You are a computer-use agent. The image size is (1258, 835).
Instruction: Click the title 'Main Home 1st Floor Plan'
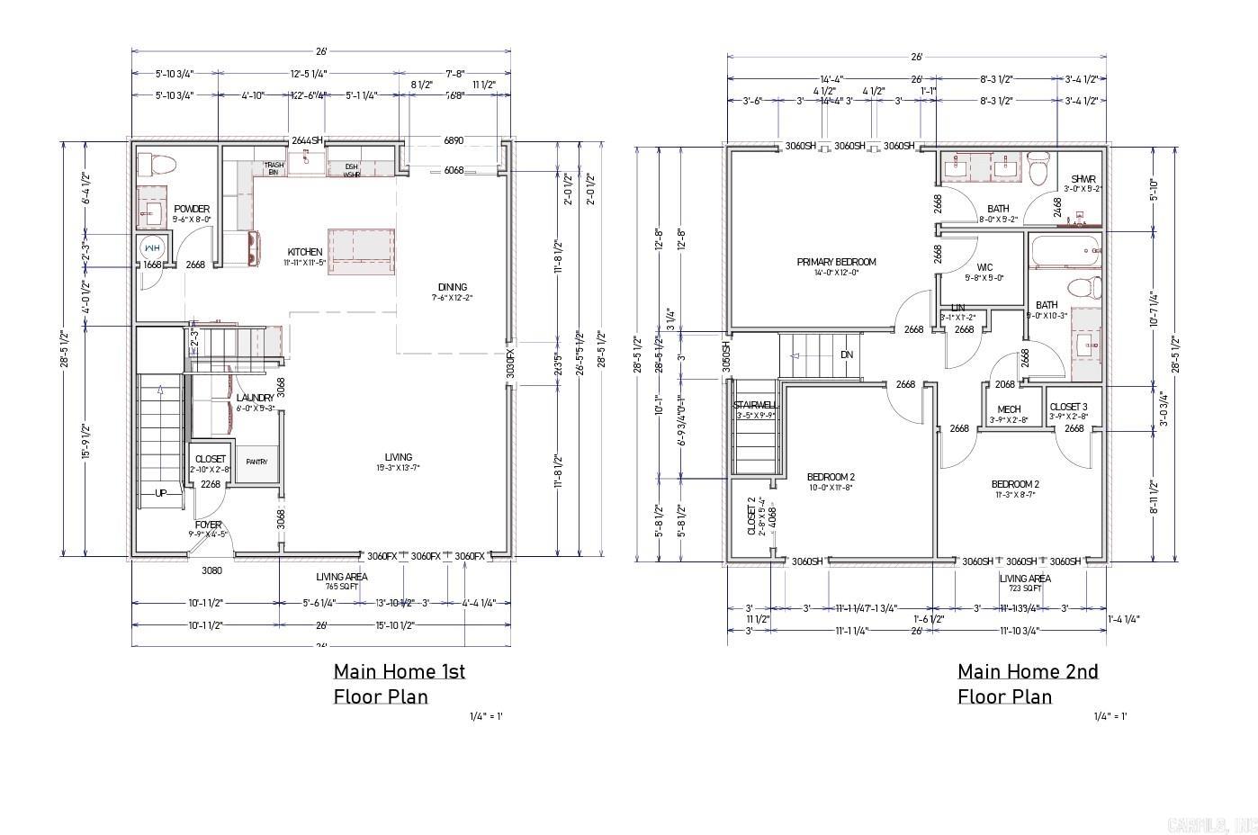pyautogui.click(x=400, y=683)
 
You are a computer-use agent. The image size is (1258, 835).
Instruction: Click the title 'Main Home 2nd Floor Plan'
pyautogui.click(x=1027, y=683)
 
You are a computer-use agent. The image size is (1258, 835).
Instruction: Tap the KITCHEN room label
pyautogui.click(x=304, y=252)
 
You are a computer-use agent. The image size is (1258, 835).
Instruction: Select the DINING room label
pyautogui.click(x=452, y=287)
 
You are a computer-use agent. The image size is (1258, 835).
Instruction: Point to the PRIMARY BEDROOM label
pyautogui.click(x=836, y=262)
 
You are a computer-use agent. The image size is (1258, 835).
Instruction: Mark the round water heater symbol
pyautogui.click(x=150, y=248)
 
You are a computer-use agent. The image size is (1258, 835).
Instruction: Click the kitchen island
pyautogui.click(x=363, y=251)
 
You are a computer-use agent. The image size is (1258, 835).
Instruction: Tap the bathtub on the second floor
pyautogui.click(x=1065, y=251)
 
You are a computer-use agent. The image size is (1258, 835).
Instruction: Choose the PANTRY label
pyautogui.click(x=256, y=462)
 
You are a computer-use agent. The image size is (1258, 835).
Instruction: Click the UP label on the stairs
pyautogui.click(x=161, y=493)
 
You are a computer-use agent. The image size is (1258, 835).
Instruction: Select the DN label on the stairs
pyautogui.click(x=846, y=355)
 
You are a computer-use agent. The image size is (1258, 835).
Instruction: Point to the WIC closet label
pyautogui.click(x=984, y=267)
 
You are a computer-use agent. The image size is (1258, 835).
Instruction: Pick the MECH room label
pyautogui.click(x=1009, y=409)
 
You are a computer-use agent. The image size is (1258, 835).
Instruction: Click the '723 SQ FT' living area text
pyautogui.click(x=1025, y=588)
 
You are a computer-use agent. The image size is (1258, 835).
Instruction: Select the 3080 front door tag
pyautogui.click(x=211, y=569)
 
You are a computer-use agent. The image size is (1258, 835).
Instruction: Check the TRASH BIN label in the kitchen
pyautogui.click(x=274, y=168)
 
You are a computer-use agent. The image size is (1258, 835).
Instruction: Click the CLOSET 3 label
pyautogui.click(x=1068, y=407)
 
